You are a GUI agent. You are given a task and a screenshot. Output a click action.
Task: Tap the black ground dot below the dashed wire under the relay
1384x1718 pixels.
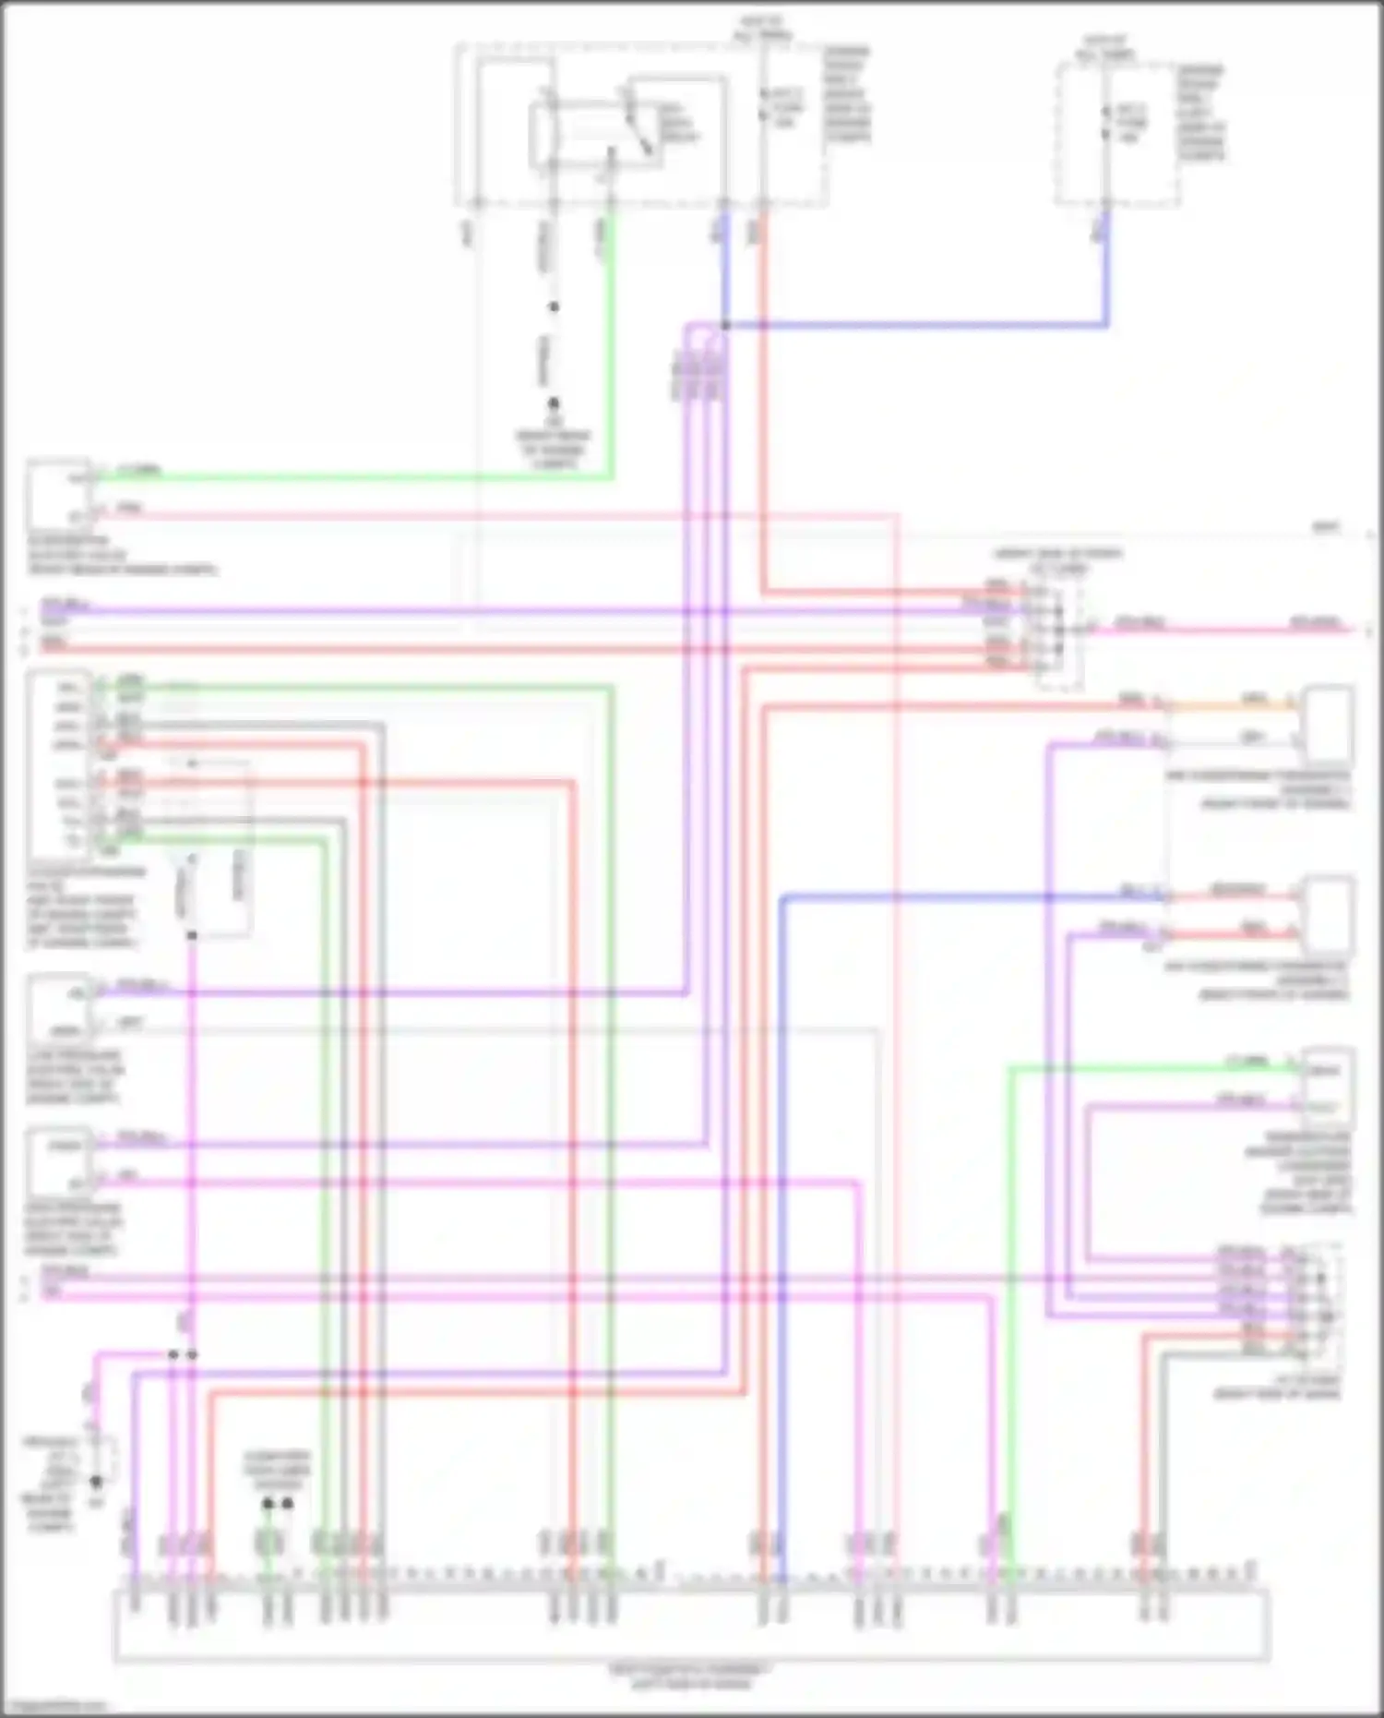pos(554,403)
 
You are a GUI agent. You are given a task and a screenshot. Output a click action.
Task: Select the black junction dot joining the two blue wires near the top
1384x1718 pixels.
pos(725,325)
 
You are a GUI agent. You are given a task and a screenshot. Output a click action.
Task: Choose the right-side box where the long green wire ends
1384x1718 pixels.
pos(1328,1084)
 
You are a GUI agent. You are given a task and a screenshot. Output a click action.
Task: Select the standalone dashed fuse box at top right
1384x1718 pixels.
pos(1116,134)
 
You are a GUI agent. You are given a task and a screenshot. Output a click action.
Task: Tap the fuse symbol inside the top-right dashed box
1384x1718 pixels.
pos(1105,123)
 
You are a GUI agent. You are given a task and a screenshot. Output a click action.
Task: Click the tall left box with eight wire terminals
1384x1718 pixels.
pos(59,765)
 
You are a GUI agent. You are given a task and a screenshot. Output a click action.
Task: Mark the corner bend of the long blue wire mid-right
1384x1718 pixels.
pos(782,896)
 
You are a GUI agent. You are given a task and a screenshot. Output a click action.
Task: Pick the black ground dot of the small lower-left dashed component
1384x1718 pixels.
pos(95,1481)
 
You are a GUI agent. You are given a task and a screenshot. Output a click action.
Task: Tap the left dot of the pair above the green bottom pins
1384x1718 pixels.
pos(268,1503)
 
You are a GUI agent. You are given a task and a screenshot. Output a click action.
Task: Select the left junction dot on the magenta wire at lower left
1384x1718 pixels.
pos(173,1354)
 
